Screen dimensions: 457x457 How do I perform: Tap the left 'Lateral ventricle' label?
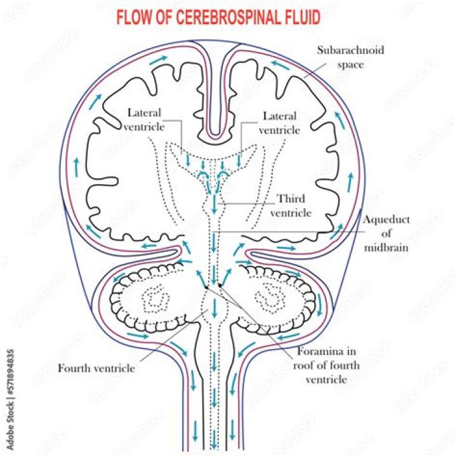[x=145, y=119]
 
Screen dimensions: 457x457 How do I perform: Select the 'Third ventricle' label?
[x=290, y=205]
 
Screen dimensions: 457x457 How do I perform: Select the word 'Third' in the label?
[x=291, y=199]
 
